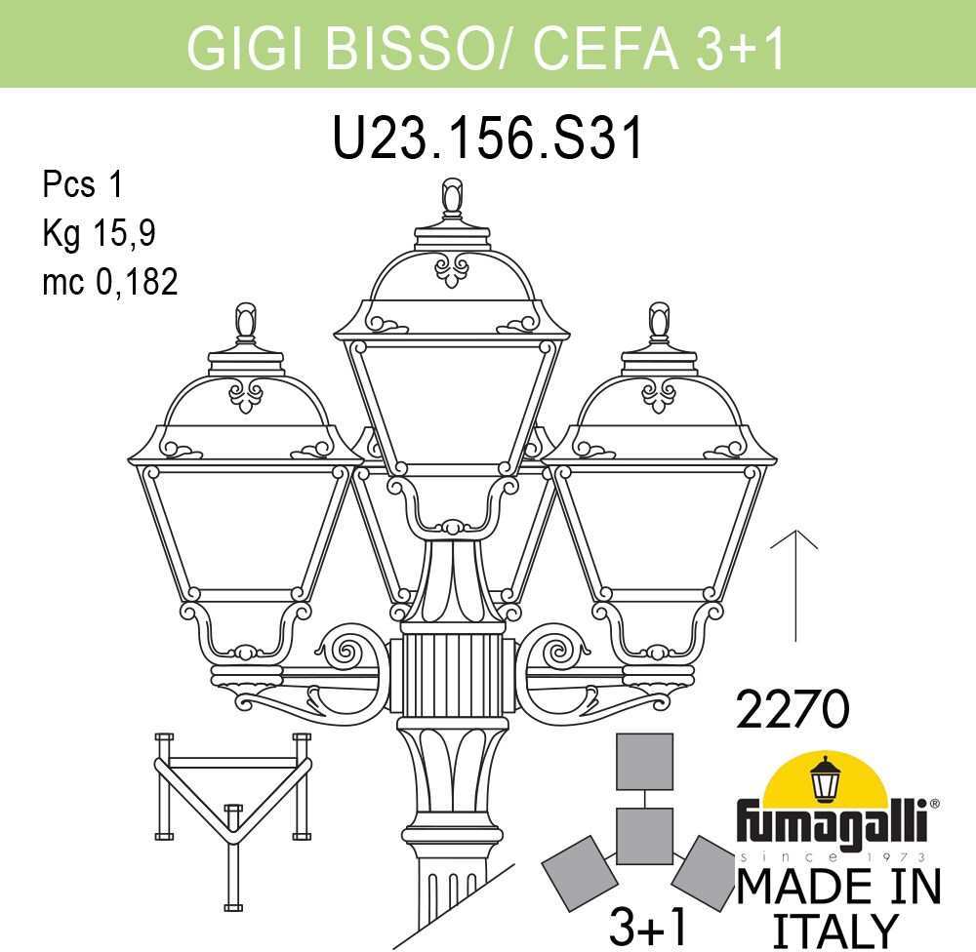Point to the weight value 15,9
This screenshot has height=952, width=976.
(124, 233)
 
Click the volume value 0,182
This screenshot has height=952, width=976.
(137, 281)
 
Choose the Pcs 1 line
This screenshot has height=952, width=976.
(83, 184)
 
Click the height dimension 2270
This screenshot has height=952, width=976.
(793, 709)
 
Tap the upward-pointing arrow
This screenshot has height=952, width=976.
(794, 584)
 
